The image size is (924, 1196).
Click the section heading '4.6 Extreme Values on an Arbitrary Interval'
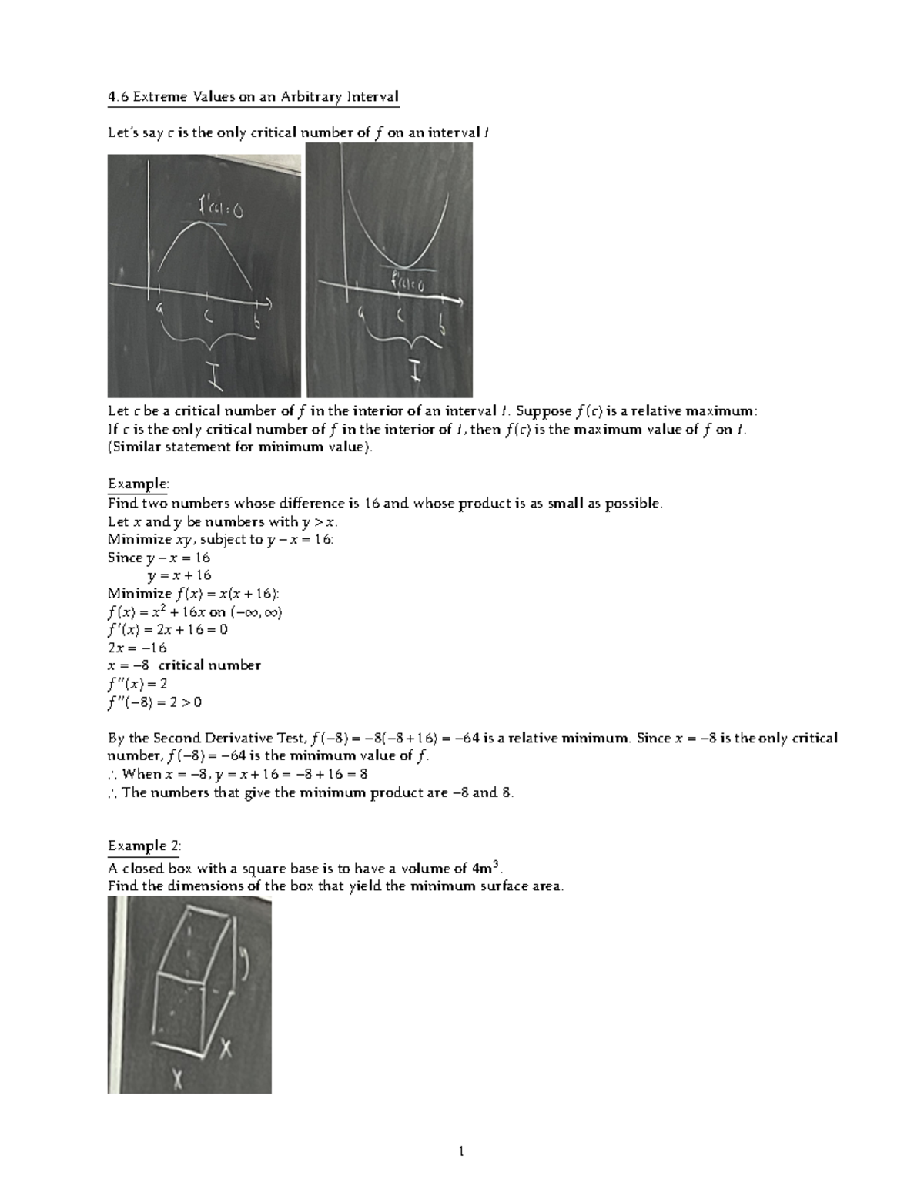tap(253, 97)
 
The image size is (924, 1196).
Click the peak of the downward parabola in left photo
tap(203, 223)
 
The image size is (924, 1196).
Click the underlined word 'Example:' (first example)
tap(138, 484)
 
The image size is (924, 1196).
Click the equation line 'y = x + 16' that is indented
tap(179, 575)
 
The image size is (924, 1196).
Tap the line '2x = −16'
tap(137, 648)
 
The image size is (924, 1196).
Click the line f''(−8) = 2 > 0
tap(155, 702)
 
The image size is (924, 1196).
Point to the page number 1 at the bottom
tap(461, 1152)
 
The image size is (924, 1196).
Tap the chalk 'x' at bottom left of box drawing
tap(178, 1081)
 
